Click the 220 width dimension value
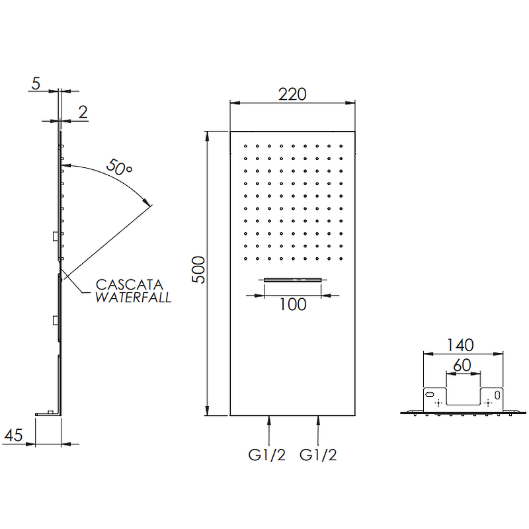(x=292, y=95)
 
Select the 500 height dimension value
(x=198, y=270)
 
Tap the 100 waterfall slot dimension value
(x=293, y=304)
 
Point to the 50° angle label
(x=119, y=167)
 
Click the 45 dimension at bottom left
(x=13, y=435)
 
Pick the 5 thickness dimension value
(x=36, y=83)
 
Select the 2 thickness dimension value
(x=83, y=112)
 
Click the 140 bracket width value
(x=460, y=345)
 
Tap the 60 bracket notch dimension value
(x=462, y=365)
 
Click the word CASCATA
(x=130, y=285)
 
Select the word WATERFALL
(x=134, y=298)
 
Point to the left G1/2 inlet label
(x=267, y=455)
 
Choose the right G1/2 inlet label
(x=318, y=455)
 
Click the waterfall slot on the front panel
(x=292, y=280)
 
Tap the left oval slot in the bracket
(x=430, y=394)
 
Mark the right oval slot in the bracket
(x=497, y=394)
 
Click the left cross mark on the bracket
(x=438, y=403)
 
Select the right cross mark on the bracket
(x=488, y=403)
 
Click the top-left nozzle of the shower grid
(x=245, y=146)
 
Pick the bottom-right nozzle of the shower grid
(x=341, y=259)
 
